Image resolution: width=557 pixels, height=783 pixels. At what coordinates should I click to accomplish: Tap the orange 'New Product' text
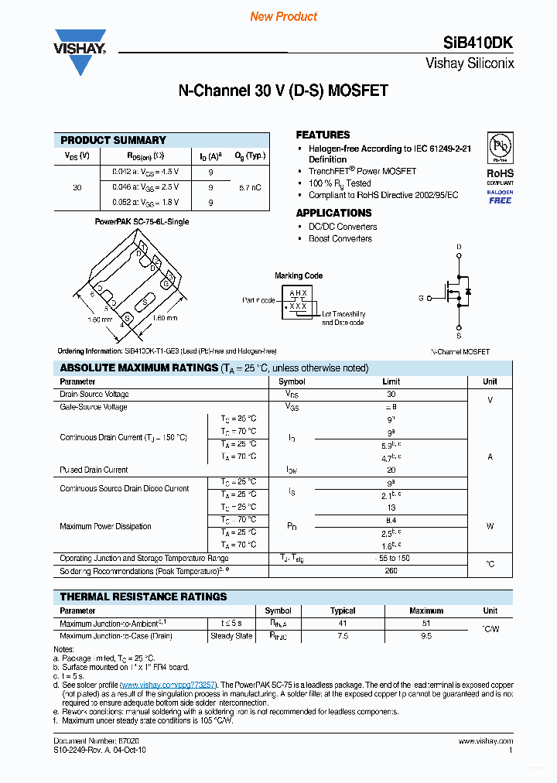(x=283, y=16)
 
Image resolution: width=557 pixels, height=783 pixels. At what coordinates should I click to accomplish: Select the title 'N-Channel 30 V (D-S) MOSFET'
(x=283, y=91)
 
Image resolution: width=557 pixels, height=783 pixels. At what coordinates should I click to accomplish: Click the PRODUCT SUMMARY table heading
(x=113, y=140)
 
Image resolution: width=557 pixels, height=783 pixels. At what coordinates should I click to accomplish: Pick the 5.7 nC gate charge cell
(x=250, y=187)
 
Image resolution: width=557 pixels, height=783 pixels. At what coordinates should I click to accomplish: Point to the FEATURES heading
(x=323, y=135)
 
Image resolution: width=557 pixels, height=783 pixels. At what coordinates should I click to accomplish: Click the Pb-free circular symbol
(x=500, y=147)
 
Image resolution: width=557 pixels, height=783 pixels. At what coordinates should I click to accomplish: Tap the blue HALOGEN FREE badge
(x=500, y=197)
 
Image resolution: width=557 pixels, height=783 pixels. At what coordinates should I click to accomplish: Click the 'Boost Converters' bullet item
(x=340, y=238)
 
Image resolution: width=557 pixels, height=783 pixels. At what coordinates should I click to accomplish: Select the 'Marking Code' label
(x=299, y=275)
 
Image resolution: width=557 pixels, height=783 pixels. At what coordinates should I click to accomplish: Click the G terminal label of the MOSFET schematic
(x=421, y=297)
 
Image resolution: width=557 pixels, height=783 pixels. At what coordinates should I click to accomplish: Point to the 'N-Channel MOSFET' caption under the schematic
(x=460, y=351)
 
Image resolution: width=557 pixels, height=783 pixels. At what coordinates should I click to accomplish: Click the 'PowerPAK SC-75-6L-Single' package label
(x=142, y=221)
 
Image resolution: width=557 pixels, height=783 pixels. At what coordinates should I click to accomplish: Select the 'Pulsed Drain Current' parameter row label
(x=94, y=470)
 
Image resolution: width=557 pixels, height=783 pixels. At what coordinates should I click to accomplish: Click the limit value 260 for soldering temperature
(x=391, y=571)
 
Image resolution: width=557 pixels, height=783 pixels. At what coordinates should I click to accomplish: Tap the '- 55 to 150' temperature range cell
(x=391, y=558)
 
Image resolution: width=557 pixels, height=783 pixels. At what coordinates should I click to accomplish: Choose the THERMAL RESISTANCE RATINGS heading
(x=143, y=597)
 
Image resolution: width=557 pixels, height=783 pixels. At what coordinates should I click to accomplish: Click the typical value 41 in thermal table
(x=343, y=623)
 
